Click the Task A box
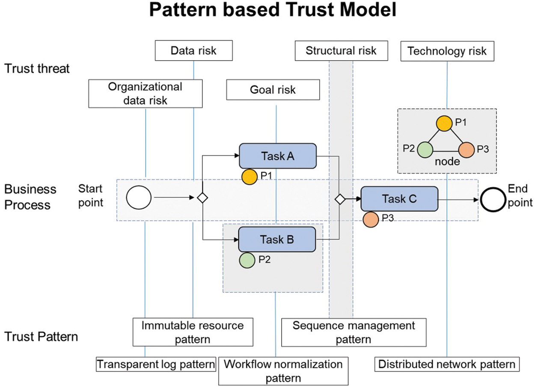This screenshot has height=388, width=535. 277,156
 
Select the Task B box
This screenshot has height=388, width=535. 277,239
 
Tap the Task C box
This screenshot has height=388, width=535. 399,199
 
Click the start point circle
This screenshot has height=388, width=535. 139,198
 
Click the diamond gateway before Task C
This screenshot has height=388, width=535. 340,199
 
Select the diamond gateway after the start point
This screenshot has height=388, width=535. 202,198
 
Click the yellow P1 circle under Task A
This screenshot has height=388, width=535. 249,177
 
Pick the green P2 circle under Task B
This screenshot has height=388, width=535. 247,260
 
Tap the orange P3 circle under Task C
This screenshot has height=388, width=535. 371,220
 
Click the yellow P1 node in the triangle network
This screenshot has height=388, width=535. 444,123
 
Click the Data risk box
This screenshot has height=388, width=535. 193,51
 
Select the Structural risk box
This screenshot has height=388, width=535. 341,51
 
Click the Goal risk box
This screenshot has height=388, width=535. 273,90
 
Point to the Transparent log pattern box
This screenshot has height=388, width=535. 156,364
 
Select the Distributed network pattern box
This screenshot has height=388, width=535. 447,364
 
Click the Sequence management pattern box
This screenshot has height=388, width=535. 354,332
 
